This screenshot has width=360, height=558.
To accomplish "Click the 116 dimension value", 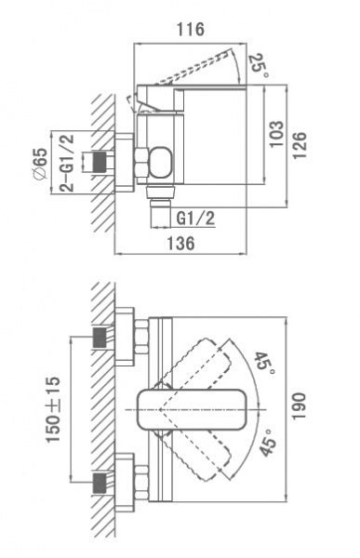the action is click(x=191, y=29).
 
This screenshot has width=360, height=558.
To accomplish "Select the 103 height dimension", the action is click(x=276, y=134).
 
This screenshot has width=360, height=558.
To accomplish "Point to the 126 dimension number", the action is click(x=300, y=146).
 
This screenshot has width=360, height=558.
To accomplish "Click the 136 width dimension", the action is click(x=180, y=243).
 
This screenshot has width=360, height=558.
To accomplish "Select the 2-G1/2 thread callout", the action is click(x=67, y=163).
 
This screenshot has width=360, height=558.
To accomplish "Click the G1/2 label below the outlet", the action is click(x=196, y=219).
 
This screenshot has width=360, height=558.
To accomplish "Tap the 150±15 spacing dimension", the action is click(x=53, y=409).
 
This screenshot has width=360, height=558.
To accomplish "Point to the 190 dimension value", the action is click(x=300, y=406).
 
